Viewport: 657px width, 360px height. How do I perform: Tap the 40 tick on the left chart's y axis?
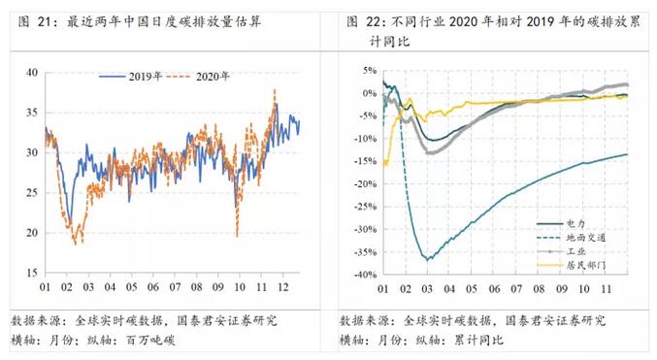pyautogui.click(x=32, y=72)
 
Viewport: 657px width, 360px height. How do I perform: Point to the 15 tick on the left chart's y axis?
pyautogui.click(x=32, y=273)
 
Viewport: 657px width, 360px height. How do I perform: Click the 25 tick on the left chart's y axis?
pyautogui.click(x=32, y=192)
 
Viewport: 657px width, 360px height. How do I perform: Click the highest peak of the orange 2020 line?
pyautogui.click(x=275, y=90)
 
